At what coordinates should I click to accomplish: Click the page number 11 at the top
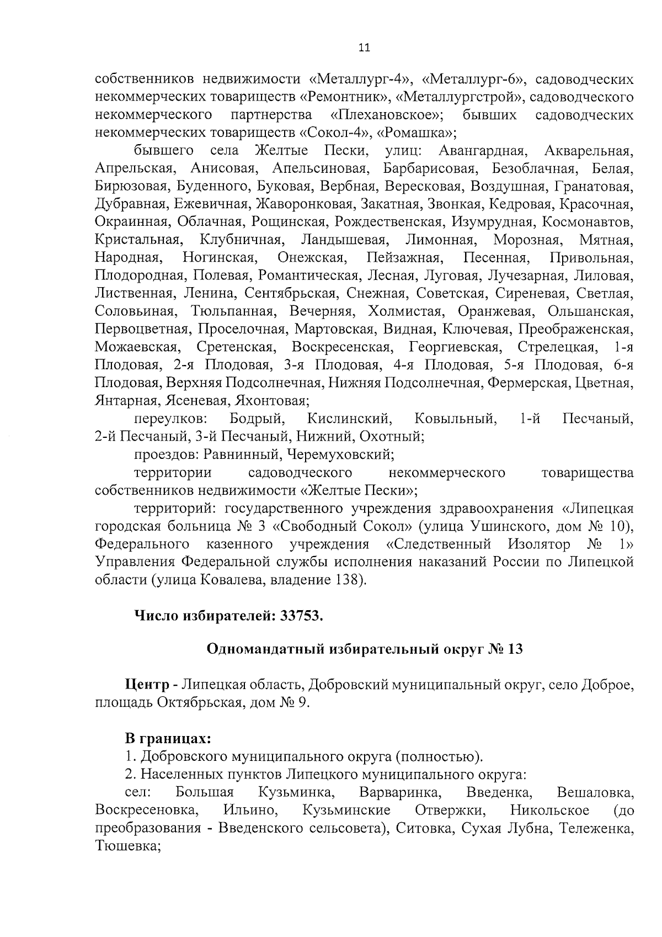[x=364, y=48]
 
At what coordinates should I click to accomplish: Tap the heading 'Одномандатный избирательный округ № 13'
[x=364, y=649]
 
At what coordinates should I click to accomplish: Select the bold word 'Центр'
[x=147, y=686]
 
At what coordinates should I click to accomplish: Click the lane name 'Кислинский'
[x=350, y=419]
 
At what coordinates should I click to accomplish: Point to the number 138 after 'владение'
[x=346, y=580]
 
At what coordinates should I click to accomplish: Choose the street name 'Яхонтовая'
[x=271, y=401]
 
